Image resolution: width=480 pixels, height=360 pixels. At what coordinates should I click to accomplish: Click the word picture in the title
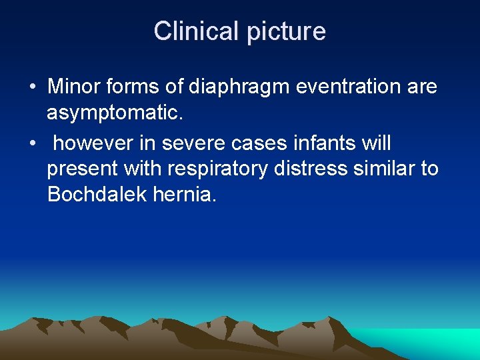coord(285,32)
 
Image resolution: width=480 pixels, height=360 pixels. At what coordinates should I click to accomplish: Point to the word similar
coord(386,169)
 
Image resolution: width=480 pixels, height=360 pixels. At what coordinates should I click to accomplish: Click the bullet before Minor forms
coord(32,87)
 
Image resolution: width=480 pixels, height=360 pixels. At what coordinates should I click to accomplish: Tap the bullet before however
coord(32,143)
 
